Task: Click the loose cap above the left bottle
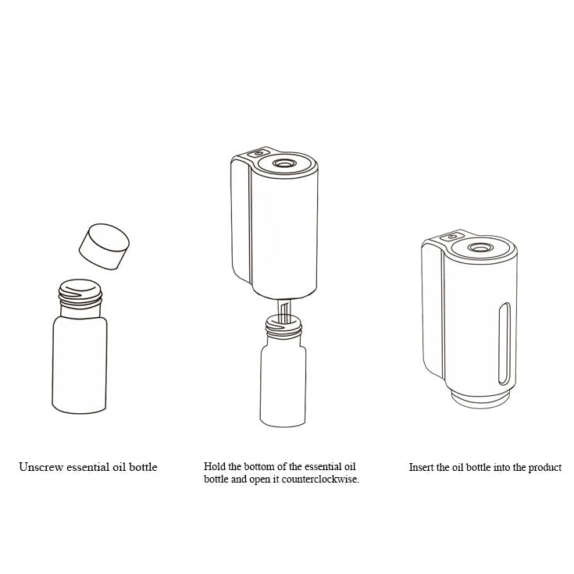point(105,246)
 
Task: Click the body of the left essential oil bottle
point(80,365)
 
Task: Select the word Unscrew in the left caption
point(41,467)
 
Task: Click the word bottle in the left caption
point(143,467)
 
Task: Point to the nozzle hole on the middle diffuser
point(284,163)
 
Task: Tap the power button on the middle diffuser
point(258,153)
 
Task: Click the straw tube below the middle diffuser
point(283,311)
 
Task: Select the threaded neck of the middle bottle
point(283,326)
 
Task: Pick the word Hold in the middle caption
point(215,467)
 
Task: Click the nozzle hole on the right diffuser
point(478,248)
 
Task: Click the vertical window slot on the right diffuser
point(504,344)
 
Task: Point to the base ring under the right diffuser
point(480,400)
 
